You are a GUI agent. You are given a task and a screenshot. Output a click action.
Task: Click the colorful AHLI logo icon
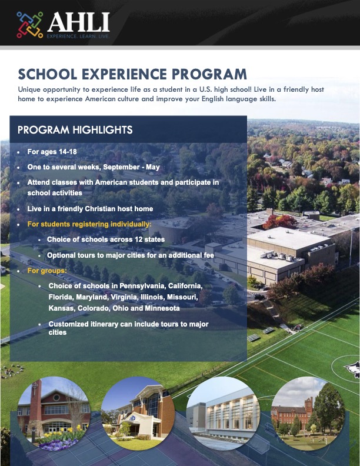29,24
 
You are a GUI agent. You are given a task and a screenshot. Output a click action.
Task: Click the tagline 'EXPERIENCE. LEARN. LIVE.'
78,36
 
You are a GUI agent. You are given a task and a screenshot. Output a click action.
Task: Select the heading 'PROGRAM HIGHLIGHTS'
75,130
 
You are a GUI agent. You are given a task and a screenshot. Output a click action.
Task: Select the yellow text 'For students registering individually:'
89,224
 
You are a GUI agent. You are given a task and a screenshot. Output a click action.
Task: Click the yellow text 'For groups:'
47,271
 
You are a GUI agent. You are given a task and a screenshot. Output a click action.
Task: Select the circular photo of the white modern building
223,414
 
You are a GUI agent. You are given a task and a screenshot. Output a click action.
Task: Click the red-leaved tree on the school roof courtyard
280,221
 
